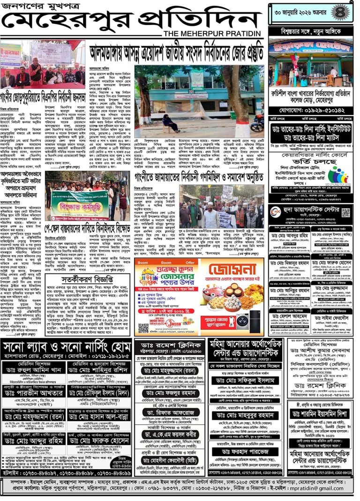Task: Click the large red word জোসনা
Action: (x=228, y=271)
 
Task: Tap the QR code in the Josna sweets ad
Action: (x=143, y=327)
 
